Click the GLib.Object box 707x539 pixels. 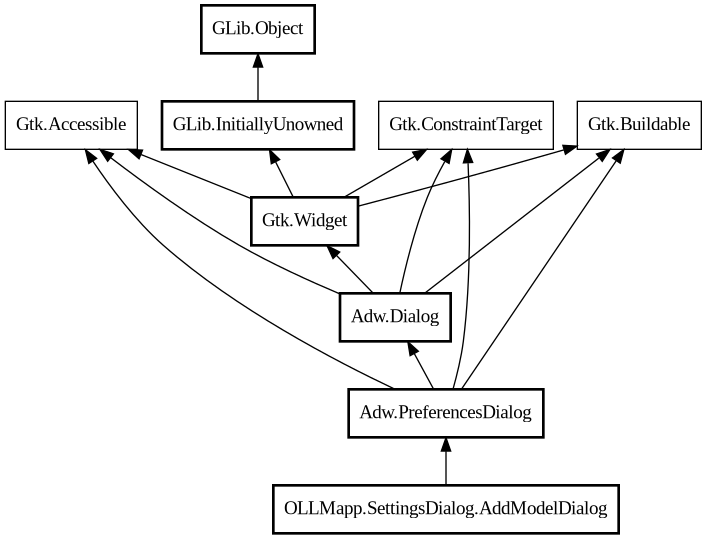click(258, 29)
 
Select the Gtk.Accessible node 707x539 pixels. click(71, 125)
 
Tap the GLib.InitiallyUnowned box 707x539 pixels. click(258, 125)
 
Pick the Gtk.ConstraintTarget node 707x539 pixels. click(466, 125)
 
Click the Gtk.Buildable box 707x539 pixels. click(638, 125)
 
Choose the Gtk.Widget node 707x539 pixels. click(304, 220)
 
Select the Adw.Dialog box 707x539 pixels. click(395, 317)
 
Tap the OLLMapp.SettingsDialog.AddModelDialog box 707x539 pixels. click(446, 509)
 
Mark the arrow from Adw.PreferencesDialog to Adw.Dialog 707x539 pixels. click(421, 365)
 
